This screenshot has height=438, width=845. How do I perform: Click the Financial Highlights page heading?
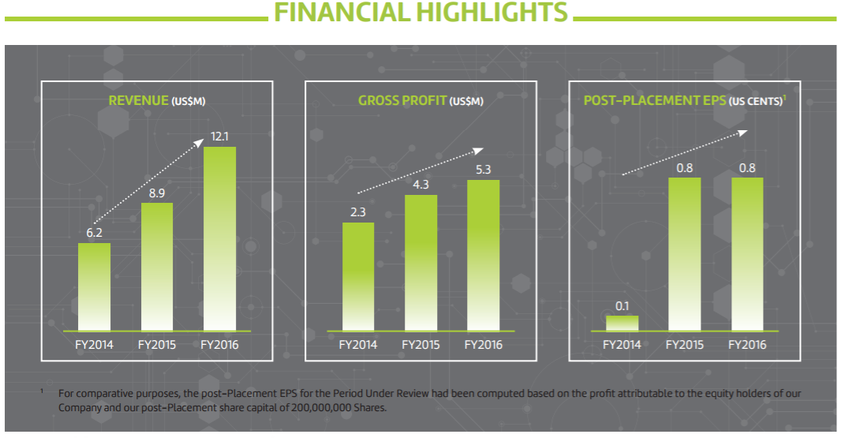pos(420,13)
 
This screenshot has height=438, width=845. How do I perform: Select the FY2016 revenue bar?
pos(219,237)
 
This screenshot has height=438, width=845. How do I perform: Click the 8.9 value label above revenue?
pos(157,192)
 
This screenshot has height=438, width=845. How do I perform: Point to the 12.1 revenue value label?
pos(219,137)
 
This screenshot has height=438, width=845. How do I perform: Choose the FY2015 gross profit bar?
pos(421,261)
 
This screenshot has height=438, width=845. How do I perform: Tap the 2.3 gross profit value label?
pos(358,212)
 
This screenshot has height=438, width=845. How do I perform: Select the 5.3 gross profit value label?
pos(483,169)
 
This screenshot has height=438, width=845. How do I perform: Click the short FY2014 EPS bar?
pos(622,322)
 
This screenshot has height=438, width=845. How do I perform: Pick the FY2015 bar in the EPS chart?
pos(684,253)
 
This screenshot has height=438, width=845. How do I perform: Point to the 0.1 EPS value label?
pos(622,304)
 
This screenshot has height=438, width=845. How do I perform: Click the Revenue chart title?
pos(162,101)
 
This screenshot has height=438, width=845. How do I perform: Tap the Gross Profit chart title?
pos(421,101)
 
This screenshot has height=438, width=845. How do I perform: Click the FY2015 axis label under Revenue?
pos(157,345)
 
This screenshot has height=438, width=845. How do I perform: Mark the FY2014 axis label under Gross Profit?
pos(358,345)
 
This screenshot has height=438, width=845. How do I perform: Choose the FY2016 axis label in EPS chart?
pos(747,345)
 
